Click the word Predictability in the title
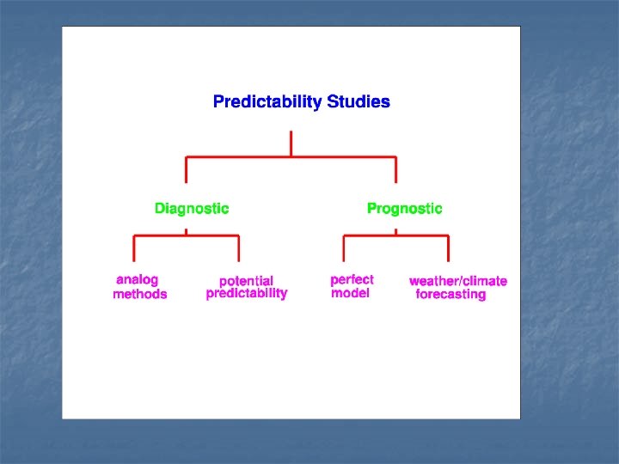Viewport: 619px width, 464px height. [x=267, y=102]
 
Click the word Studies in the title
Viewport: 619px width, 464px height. [x=359, y=102]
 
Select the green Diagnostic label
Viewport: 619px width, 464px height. [x=192, y=209]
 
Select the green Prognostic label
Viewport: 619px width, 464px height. [x=404, y=209]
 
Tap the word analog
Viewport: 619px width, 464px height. [x=138, y=280]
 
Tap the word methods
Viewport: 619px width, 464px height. [x=140, y=295]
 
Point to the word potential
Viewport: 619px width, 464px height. [x=246, y=281]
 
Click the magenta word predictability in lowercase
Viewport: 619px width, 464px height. [x=247, y=294]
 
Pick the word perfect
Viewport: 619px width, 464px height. [x=352, y=280]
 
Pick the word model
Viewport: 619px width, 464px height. [x=350, y=294]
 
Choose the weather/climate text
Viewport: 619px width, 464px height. [x=457, y=281]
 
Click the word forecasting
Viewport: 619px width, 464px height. [x=450, y=295]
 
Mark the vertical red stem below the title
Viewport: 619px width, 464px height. [x=291, y=143]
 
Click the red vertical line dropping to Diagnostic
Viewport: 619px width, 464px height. [x=187, y=170]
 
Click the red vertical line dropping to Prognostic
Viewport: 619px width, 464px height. [x=396, y=170]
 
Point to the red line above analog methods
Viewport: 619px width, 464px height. [x=134, y=248]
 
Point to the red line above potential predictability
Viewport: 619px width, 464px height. [x=239, y=248]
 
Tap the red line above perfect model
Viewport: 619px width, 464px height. [x=344, y=248]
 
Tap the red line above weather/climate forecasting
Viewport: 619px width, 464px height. [x=448, y=248]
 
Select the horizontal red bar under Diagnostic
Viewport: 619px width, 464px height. [x=187, y=235]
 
